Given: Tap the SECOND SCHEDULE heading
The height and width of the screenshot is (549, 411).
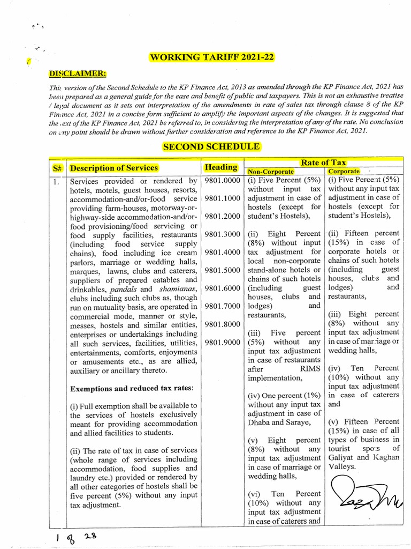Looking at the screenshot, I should click(x=212, y=146).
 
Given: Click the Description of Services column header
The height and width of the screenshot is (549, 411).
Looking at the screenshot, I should click(x=114, y=168).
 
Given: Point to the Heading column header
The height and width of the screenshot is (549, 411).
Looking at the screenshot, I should click(x=221, y=167).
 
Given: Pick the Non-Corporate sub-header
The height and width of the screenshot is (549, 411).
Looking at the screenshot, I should click(x=270, y=171).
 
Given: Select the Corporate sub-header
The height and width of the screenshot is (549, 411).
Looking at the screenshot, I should click(x=344, y=171).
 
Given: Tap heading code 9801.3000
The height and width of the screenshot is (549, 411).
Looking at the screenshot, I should click(x=222, y=234).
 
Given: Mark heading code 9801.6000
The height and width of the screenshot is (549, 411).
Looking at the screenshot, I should click(x=222, y=288).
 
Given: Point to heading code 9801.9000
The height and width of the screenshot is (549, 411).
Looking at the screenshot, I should click(x=222, y=342).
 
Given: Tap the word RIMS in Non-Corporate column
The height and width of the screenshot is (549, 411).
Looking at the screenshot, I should click(x=308, y=369).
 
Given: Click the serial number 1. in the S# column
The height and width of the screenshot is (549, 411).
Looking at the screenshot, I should click(x=56, y=181).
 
